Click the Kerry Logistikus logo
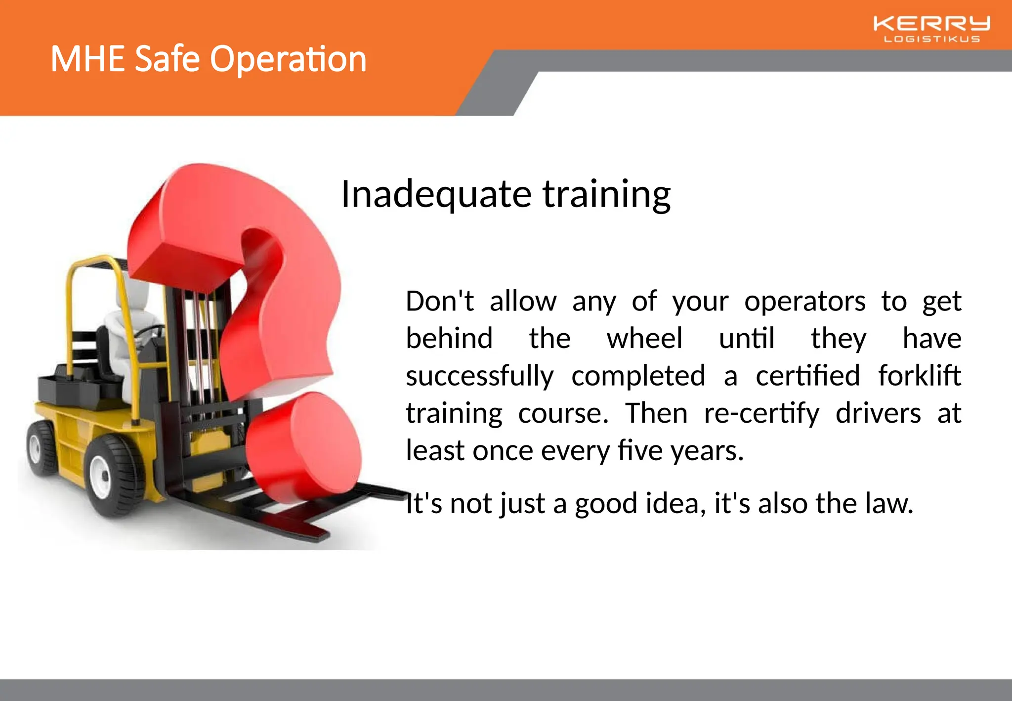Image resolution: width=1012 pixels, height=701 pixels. click(931, 29)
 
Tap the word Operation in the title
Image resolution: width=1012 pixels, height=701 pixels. click(288, 59)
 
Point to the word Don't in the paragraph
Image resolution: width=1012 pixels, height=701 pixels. click(439, 301)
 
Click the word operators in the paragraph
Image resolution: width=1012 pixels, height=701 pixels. click(804, 301)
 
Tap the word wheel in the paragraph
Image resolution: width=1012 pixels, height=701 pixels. click(644, 339)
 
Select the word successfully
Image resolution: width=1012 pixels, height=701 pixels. click(479, 376)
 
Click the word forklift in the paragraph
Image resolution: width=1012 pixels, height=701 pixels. click(919, 375)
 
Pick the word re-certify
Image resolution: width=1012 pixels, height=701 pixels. click(761, 413)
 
